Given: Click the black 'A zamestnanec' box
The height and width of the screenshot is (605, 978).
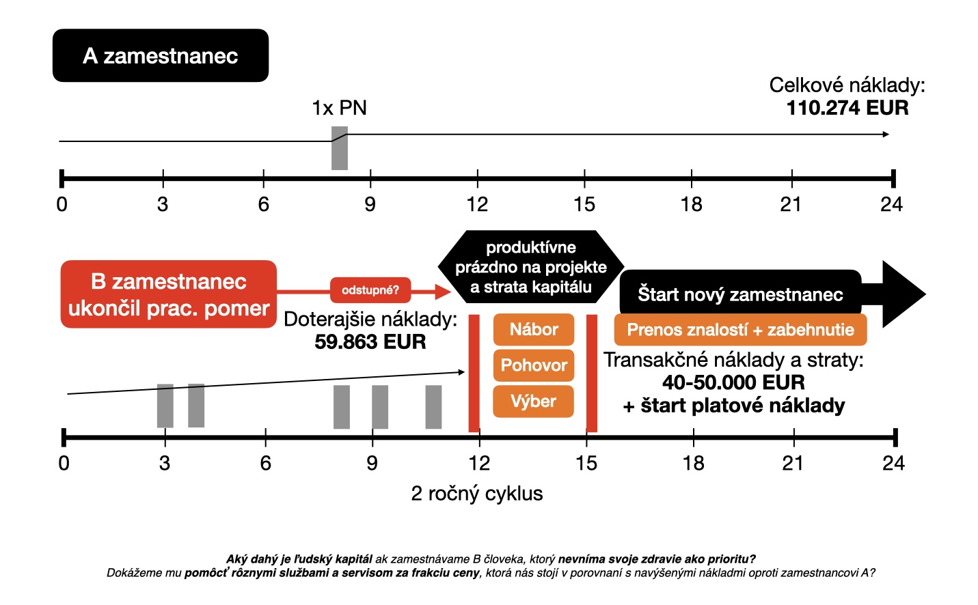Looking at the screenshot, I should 161,55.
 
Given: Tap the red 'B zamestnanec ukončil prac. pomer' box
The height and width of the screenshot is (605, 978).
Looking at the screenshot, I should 169,294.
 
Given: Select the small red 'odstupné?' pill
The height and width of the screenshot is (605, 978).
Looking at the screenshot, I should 370,290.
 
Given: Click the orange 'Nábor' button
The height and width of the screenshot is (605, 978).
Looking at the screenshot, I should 534,330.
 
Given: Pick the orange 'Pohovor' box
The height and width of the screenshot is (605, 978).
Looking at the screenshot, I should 534,365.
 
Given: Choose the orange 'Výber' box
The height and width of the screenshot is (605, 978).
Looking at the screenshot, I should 533,402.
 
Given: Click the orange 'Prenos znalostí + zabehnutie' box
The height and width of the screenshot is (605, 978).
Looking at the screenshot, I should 740,330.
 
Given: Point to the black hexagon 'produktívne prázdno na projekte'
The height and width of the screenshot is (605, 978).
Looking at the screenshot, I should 530,267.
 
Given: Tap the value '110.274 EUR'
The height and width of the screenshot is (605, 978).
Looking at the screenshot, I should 847,108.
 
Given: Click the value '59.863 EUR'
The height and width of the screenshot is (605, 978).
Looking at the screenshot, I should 370,341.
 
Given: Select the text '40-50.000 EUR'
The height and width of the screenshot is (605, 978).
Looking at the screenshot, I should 733,382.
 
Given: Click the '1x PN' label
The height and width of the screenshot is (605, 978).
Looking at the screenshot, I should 339,108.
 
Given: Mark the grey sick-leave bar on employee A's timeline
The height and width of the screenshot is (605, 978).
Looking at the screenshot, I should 340,152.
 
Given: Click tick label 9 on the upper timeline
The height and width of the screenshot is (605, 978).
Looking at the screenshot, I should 370,204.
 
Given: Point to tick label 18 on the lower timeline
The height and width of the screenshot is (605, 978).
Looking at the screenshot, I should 693,463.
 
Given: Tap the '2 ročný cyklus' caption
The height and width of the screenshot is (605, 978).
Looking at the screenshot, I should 477,494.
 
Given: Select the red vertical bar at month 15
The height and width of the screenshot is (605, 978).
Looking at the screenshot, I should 592,373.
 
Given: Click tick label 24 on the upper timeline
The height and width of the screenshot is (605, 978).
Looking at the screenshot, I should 891,204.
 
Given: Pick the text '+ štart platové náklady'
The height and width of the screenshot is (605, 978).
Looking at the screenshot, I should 734,406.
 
